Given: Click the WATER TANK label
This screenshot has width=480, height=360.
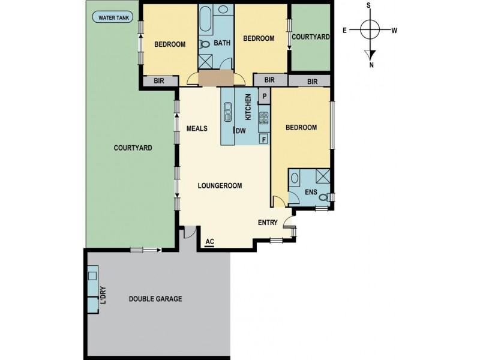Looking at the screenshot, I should [115, 17].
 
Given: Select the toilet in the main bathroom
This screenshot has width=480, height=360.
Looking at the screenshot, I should [205, 43].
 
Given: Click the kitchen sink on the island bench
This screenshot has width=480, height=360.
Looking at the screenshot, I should [229, 112].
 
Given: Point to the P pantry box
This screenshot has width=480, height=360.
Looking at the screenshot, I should [264, 96].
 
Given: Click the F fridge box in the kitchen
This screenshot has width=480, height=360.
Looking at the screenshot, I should [264, 139].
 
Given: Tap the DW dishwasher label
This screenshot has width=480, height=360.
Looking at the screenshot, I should [241, 131].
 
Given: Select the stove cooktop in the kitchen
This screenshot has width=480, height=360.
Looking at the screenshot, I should [263, 118].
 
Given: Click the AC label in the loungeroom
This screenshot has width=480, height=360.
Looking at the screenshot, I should [209, 242].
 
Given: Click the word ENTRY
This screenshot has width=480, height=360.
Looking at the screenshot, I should [268, 223].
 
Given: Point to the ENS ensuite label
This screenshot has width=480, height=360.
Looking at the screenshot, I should [310, 192].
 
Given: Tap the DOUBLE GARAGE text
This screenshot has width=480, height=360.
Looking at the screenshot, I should [155, 299].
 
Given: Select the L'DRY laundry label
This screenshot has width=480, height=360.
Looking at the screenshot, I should [103, 296].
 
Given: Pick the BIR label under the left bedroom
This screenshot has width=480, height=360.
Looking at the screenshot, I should [160, 81].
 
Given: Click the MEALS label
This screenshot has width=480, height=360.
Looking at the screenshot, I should [197, 128].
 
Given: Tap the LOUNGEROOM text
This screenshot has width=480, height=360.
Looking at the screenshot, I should [220, 186].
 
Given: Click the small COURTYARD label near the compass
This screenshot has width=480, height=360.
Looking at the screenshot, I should [310, 37].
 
